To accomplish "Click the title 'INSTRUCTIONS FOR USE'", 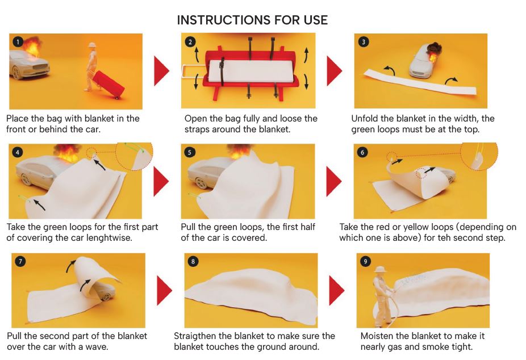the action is pyautogui.click(x=252, y=20).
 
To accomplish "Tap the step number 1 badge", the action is pyautogui.click(x=18, y=42).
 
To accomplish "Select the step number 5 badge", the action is pyautogui.click(x=190, y=153).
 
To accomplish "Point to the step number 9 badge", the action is pyautogui.click(x=365, y=261).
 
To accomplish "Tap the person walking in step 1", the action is pyautogui.click(x=91, y=66).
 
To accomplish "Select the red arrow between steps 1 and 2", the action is pyautogui.click(x=162, y=71).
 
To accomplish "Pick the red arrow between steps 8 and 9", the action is pyautogui.click(x=336, y=290).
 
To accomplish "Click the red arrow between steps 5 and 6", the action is pyautogui.click(x=334, y=181).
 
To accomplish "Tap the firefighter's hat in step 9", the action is pyautogui.click(x=381, y=269).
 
